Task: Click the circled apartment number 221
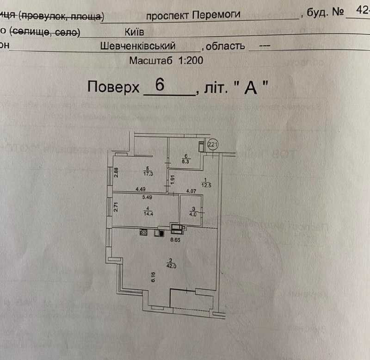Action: point(213,145)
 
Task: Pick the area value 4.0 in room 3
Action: point(193,214)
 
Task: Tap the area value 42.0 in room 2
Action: point(171,266)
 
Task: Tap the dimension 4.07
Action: point(191,189)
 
